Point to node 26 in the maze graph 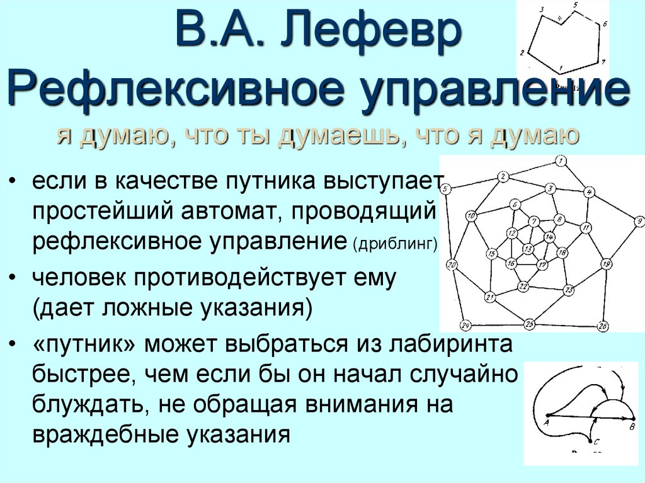603,326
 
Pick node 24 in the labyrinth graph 465,326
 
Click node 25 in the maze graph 530,324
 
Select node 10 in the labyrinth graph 470,217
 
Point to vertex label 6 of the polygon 605,24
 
